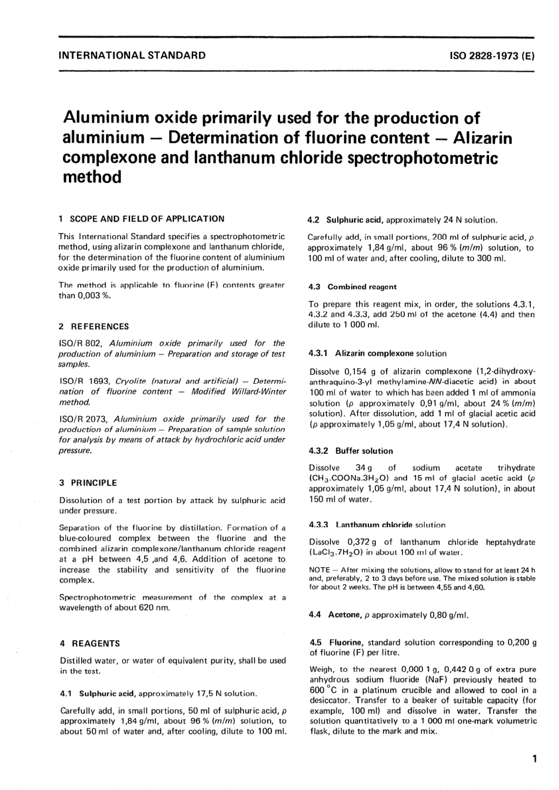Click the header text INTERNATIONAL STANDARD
tap(132, 56)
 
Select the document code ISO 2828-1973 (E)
tap(491, 56)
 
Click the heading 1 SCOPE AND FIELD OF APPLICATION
tap(142, 219)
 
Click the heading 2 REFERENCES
tap(94, 326)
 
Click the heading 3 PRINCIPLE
tap(88, 483)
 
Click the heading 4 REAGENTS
tap(89, 644)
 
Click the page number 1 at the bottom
tap(533, 759)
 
